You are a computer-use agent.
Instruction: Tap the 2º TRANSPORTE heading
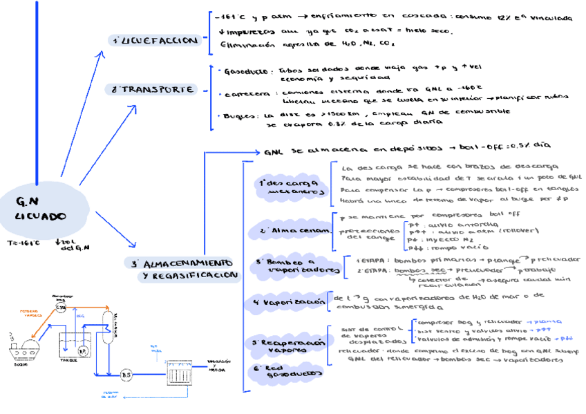click(x=156, y=89)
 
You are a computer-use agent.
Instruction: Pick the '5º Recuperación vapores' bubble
click(x=291, y=346)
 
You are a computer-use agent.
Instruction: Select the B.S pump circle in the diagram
click(x=126, y=375)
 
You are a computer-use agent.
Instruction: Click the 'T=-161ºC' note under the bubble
click(x=25, y=243)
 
